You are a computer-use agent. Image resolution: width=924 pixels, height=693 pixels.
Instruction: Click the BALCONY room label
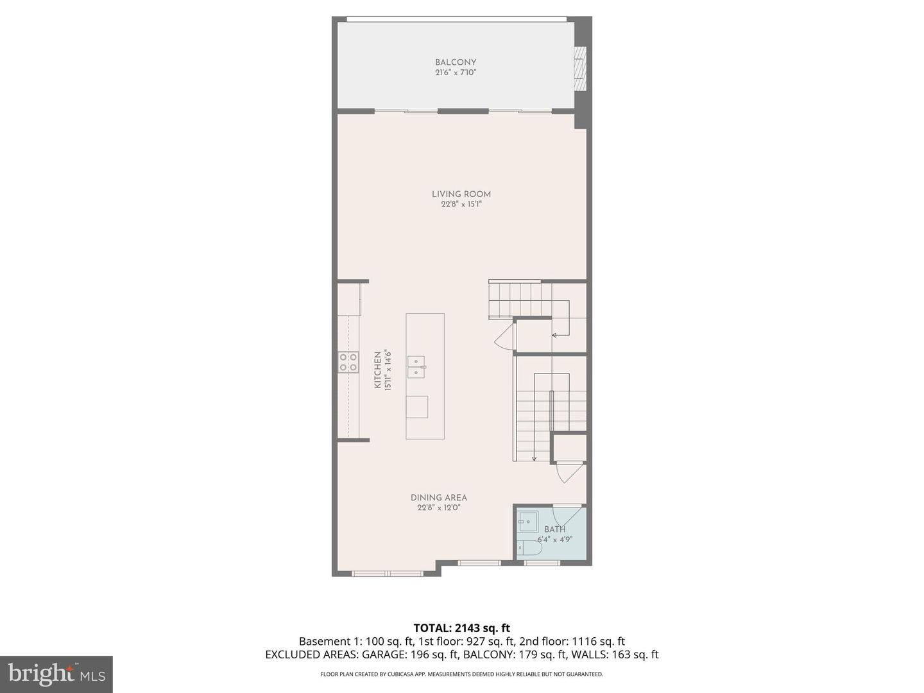456,62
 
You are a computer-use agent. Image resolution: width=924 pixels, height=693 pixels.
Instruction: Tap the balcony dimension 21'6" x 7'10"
456,73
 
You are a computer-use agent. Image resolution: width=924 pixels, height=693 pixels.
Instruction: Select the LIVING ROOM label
461,194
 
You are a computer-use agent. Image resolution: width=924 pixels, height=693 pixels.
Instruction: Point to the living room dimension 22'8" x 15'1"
461,205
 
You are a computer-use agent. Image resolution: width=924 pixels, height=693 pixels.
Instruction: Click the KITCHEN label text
378,370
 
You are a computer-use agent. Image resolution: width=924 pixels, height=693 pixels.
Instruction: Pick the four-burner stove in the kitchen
348,363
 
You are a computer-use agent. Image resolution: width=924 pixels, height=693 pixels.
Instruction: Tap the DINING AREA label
439,497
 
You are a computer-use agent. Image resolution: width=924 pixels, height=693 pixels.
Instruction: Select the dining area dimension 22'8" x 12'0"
439,508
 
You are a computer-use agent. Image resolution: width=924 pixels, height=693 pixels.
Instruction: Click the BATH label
555,529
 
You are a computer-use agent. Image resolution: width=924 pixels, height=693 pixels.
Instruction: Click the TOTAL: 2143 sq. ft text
461,628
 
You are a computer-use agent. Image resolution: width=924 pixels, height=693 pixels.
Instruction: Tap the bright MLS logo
56,674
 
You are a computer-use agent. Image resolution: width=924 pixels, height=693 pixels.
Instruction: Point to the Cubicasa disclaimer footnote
461,674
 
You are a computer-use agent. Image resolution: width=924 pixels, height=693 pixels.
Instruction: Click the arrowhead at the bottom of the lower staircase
534,458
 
